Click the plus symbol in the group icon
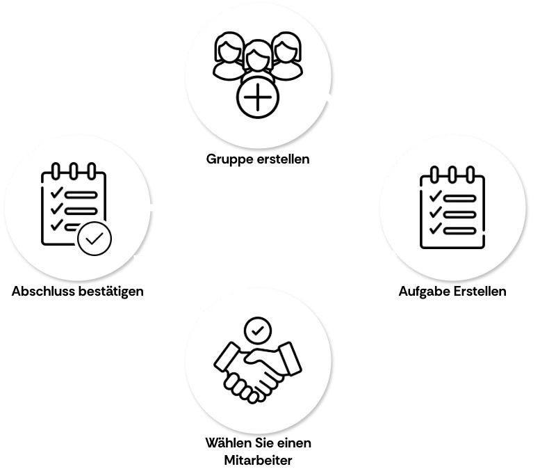[258, 97]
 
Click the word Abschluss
[43, 291]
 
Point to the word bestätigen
[111, 292]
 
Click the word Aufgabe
[424, 292]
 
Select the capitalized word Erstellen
[480, 291]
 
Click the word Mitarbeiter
[259, 460]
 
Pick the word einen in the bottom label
[294, 443]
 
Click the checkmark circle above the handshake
[258, 331]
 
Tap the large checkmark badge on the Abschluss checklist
[95, 239]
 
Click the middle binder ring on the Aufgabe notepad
[452, 175]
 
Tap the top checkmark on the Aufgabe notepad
[435, 196]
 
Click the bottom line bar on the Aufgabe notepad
[460, 231]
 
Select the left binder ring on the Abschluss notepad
[56, 171]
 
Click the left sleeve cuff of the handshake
[227, 358]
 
